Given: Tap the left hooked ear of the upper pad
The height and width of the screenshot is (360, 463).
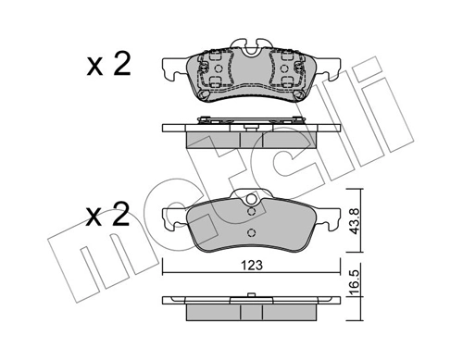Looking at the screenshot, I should pos(173,68).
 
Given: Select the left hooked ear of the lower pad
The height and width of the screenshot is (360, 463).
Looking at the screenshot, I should pos(173,219).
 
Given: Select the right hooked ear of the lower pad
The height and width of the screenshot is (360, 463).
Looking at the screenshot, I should pos(329,219).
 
